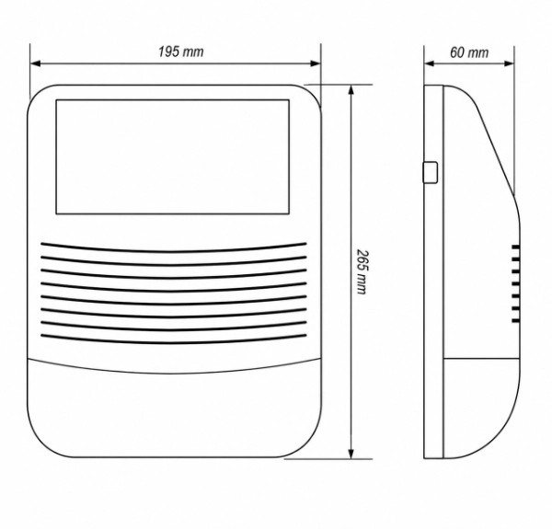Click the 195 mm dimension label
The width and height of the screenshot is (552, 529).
[x=180, y=52]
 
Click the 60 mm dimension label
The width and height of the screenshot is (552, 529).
[x=469, y=52]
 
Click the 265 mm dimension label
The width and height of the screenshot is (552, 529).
[x=362, y=271]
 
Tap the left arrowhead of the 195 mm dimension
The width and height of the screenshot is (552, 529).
[x=36, y=63]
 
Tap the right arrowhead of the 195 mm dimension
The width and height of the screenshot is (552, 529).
[x=315, y=63]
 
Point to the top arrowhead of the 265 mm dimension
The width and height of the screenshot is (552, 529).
[x=351, y=90]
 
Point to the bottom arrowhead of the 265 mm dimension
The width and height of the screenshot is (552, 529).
[x=351, y=454]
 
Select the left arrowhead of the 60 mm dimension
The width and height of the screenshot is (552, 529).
[x=430, y=63]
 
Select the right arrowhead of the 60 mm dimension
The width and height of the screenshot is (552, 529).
[x=509, y=63]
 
